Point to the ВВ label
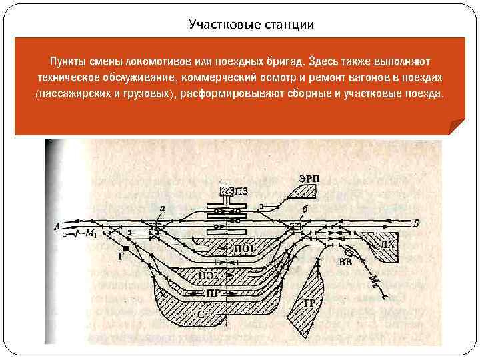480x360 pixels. (345, 261)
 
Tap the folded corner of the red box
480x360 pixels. (457, 127)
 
